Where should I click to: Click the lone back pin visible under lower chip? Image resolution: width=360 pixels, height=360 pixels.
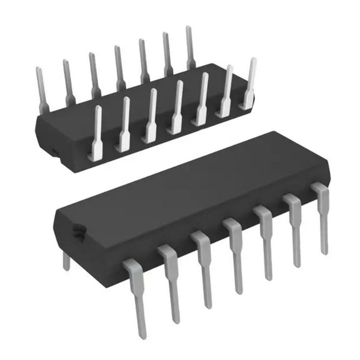[66, 260]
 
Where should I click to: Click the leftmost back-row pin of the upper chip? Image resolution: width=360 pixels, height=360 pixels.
[42, 91]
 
